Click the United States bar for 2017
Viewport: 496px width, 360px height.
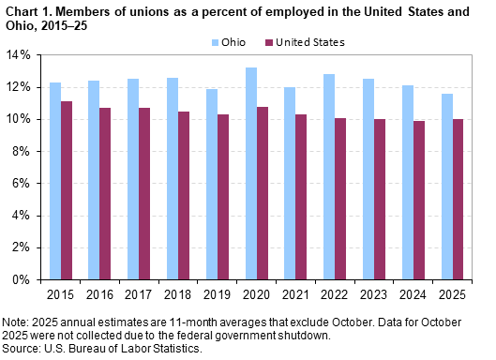click(x=145, y=193)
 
